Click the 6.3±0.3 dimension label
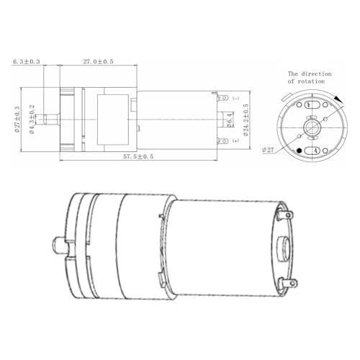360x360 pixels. [x=27, y=62]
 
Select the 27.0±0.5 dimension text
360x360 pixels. [x=99, y=62]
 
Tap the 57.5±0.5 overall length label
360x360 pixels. [x=138, y=156]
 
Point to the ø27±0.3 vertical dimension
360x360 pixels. [x=17, y=120]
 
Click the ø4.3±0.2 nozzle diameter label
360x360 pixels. [x=32, y=120]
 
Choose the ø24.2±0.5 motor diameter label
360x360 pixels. [x=246, y=120]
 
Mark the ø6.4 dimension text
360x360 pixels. [x=230, y=120]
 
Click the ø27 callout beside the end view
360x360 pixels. [x=268, y=150]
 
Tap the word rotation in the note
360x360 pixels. [x=311, y=81]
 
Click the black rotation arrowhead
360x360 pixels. [x=338, y=100]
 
